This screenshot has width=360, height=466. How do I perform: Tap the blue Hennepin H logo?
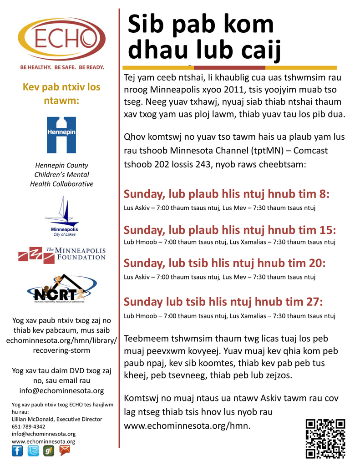61,135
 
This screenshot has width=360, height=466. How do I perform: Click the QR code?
325,438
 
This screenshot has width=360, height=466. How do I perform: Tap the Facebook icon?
17,451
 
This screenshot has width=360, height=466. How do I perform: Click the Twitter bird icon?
33,451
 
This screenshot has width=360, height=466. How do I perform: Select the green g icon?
49,451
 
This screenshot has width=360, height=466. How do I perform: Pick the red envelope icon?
65,451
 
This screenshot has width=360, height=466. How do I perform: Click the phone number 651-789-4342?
28,426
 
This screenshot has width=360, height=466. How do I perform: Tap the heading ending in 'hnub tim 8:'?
227,194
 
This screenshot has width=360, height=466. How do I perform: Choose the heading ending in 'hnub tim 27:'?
223,302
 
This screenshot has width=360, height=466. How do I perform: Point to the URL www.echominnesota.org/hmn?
187,426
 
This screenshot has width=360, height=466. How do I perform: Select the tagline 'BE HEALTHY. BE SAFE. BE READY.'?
62,67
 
